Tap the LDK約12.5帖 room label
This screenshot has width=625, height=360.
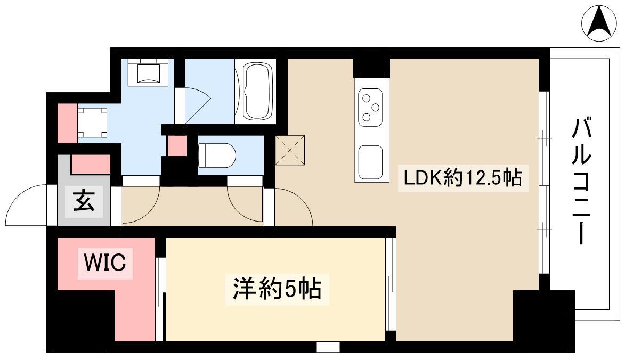tap(463, 178)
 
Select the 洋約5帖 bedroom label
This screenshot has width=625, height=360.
tap(277, 289)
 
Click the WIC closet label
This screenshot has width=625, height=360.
tap(105, 263)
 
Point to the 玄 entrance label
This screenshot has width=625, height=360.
tap(84, 201)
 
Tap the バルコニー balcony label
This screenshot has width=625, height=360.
tap(581, 181)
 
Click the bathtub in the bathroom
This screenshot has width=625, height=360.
tap(256, 91)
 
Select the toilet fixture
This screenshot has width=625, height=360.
tap(217, 156)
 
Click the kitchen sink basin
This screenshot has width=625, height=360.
tap(371, 162)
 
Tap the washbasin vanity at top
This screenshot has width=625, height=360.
tap(148, 72)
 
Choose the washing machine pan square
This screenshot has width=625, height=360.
tap(93, 122)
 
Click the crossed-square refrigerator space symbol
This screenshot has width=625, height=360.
tap(290, 150)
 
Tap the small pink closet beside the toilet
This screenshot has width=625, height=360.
tap(177, 146)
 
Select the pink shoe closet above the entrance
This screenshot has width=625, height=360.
tap(91, 164)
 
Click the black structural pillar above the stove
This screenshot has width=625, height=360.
tap(371, 68)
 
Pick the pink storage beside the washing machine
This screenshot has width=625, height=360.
tap(67, 122)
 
